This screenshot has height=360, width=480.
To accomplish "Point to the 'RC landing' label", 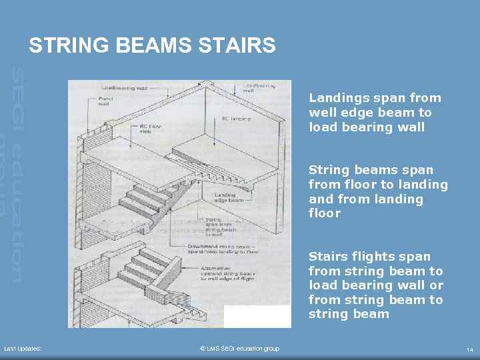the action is click(x=236, y=118).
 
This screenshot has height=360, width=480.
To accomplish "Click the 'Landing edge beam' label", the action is click(x=227, y=198).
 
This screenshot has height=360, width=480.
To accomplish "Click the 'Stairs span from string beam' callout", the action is click(x=215, y=227).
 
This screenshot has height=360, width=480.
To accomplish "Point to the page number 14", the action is click(x=470, y=349).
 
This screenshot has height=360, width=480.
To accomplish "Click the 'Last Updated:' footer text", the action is click(x=23, y=349).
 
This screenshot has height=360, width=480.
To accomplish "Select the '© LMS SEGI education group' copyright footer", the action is click(x=239, y=349).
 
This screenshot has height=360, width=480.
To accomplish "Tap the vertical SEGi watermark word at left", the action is click(x=18, y=97).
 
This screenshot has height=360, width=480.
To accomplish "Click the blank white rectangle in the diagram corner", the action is click(x=257, y=316).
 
